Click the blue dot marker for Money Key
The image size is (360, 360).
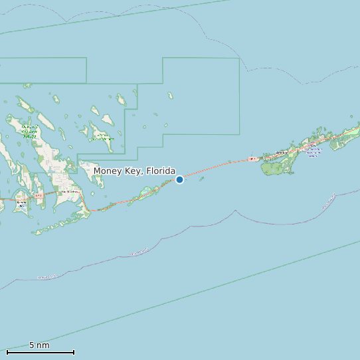pos(179,179)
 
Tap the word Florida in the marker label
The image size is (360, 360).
pos(161,171)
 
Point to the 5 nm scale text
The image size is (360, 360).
pos(39,345)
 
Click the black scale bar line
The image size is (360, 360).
pos(40,352)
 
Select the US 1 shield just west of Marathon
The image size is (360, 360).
pos(252,159)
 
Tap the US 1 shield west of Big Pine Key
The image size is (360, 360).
pos(39,196)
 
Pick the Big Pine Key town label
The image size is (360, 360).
pos(68,192)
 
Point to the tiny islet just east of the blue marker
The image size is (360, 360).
pos(202,178)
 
